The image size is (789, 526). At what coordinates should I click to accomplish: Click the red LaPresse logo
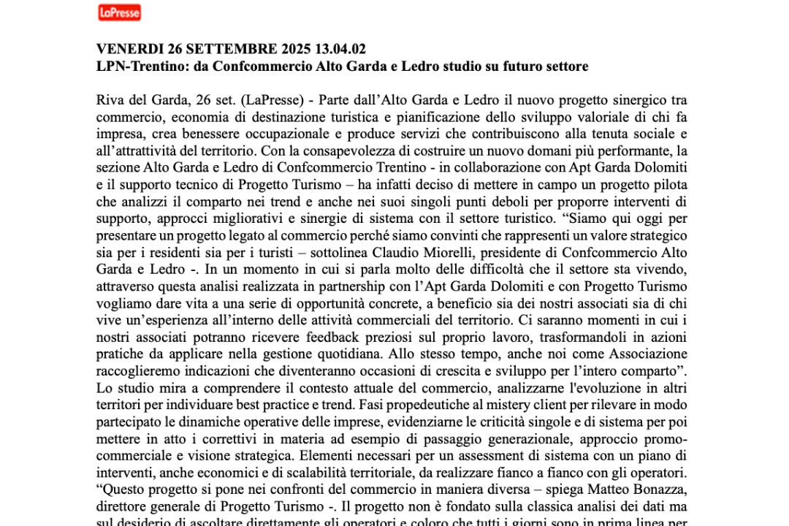[119, 12]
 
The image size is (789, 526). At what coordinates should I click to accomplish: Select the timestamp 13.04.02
[340, 50]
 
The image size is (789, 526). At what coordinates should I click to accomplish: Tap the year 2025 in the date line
[291, 50]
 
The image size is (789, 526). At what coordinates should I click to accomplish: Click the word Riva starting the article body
[110, 100]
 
